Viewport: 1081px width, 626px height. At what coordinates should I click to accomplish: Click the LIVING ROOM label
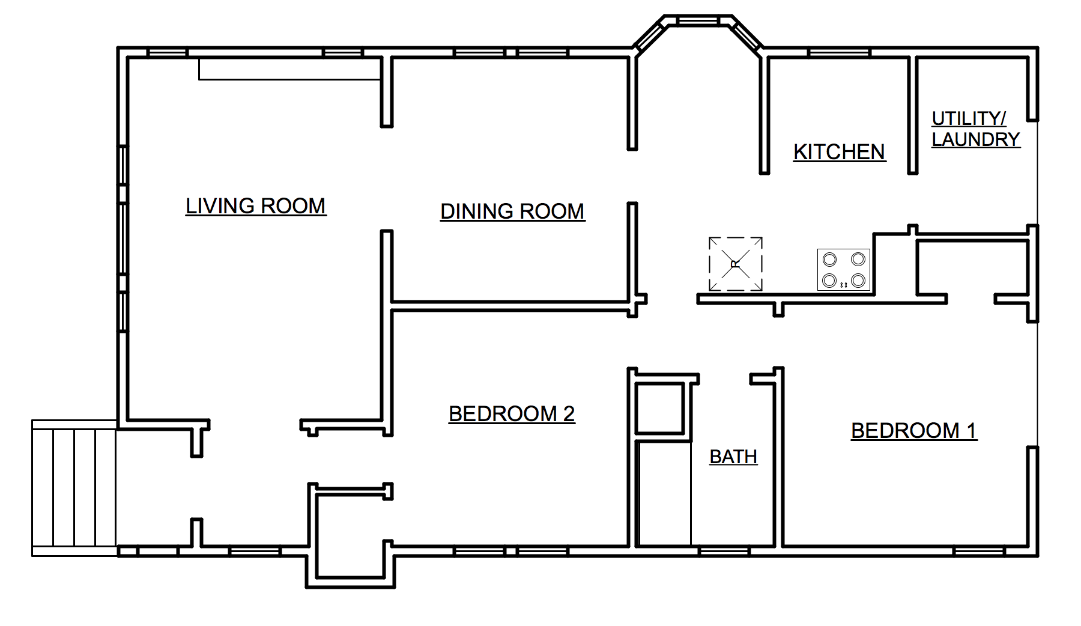(x=256, y=206)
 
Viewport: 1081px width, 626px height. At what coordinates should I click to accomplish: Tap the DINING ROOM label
(x=512, y=211)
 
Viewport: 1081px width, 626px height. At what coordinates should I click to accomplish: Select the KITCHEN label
(x=840, y=152)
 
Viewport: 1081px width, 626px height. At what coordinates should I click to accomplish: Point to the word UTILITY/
(x=969, y=118)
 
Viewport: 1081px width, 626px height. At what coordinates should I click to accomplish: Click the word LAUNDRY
(x=976, y=139)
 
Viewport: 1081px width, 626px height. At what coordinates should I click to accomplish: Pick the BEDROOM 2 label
(x=512, y=414)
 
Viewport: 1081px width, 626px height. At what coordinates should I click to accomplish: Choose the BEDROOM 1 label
(x=914, y=431)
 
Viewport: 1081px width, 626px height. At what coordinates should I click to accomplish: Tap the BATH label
(x=733, y=457)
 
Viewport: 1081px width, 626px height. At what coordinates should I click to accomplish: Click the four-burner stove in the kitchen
(x=844, y=270)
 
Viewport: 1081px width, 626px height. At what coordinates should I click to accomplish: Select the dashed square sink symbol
(x=736, y=264)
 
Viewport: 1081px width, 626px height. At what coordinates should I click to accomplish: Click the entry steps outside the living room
(x=74, y=488)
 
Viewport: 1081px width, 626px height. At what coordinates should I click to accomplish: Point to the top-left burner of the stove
(x=830, y=260)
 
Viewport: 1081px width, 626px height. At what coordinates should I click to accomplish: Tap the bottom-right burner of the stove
(x=858, y=280)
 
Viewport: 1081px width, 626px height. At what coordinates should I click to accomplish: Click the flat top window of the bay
(x=698, y=22)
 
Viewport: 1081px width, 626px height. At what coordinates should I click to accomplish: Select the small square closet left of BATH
(x=659, y=407)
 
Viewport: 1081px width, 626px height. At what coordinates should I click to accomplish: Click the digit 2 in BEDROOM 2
(x=569, y=414)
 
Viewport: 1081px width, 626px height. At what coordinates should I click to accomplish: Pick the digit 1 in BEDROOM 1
(x=971, y=431)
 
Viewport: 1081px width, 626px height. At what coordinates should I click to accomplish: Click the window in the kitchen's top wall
(x=839, y=53)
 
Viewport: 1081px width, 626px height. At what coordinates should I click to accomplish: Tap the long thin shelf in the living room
(x=290, y=69)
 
